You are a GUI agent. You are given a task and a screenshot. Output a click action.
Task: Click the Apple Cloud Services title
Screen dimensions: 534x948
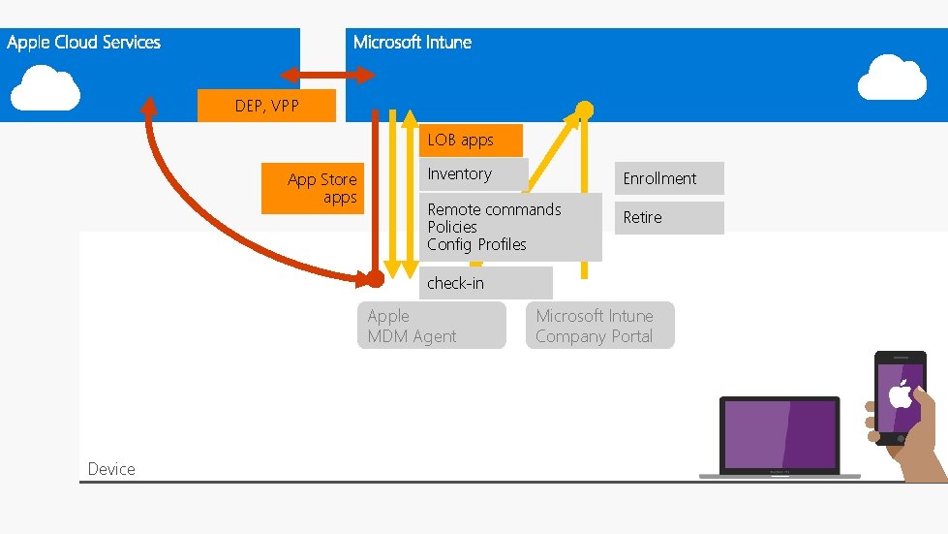(x=83, y=43)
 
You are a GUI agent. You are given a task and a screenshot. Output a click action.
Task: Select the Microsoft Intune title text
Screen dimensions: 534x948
(x=412, y=43)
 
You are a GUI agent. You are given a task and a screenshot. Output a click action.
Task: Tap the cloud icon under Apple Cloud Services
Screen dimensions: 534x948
(x=46, y=87)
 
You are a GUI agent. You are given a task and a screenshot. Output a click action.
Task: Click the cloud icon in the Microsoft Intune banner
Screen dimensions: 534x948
(x=892, y=79)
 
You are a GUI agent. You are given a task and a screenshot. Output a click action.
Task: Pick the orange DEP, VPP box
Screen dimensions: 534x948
(x=266, y=106)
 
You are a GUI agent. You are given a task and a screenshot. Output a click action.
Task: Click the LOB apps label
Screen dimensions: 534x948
(x=461, y=141)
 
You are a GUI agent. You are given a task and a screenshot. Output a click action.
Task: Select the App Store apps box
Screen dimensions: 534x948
(x=313, y=188)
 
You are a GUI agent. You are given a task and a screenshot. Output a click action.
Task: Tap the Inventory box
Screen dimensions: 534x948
(x=460, y=174)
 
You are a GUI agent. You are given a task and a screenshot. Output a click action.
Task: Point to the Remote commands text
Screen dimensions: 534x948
(x=494, y=209)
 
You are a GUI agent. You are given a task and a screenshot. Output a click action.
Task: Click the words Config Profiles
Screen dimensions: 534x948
(x=476, y=244)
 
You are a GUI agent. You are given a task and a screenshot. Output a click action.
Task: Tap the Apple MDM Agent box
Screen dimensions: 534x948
(x=431, y=326)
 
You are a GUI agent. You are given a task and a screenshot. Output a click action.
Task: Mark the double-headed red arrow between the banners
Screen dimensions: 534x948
(x=327, y=75)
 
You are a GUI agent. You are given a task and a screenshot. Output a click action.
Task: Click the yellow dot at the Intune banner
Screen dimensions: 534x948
(x=585, y=108)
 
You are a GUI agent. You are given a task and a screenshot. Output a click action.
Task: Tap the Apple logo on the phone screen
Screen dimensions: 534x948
(x=901, y=394)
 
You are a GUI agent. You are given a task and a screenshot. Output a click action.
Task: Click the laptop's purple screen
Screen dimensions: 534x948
(x=780, y=434)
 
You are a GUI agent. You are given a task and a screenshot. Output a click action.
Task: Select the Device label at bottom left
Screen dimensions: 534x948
(x=111, y=469)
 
